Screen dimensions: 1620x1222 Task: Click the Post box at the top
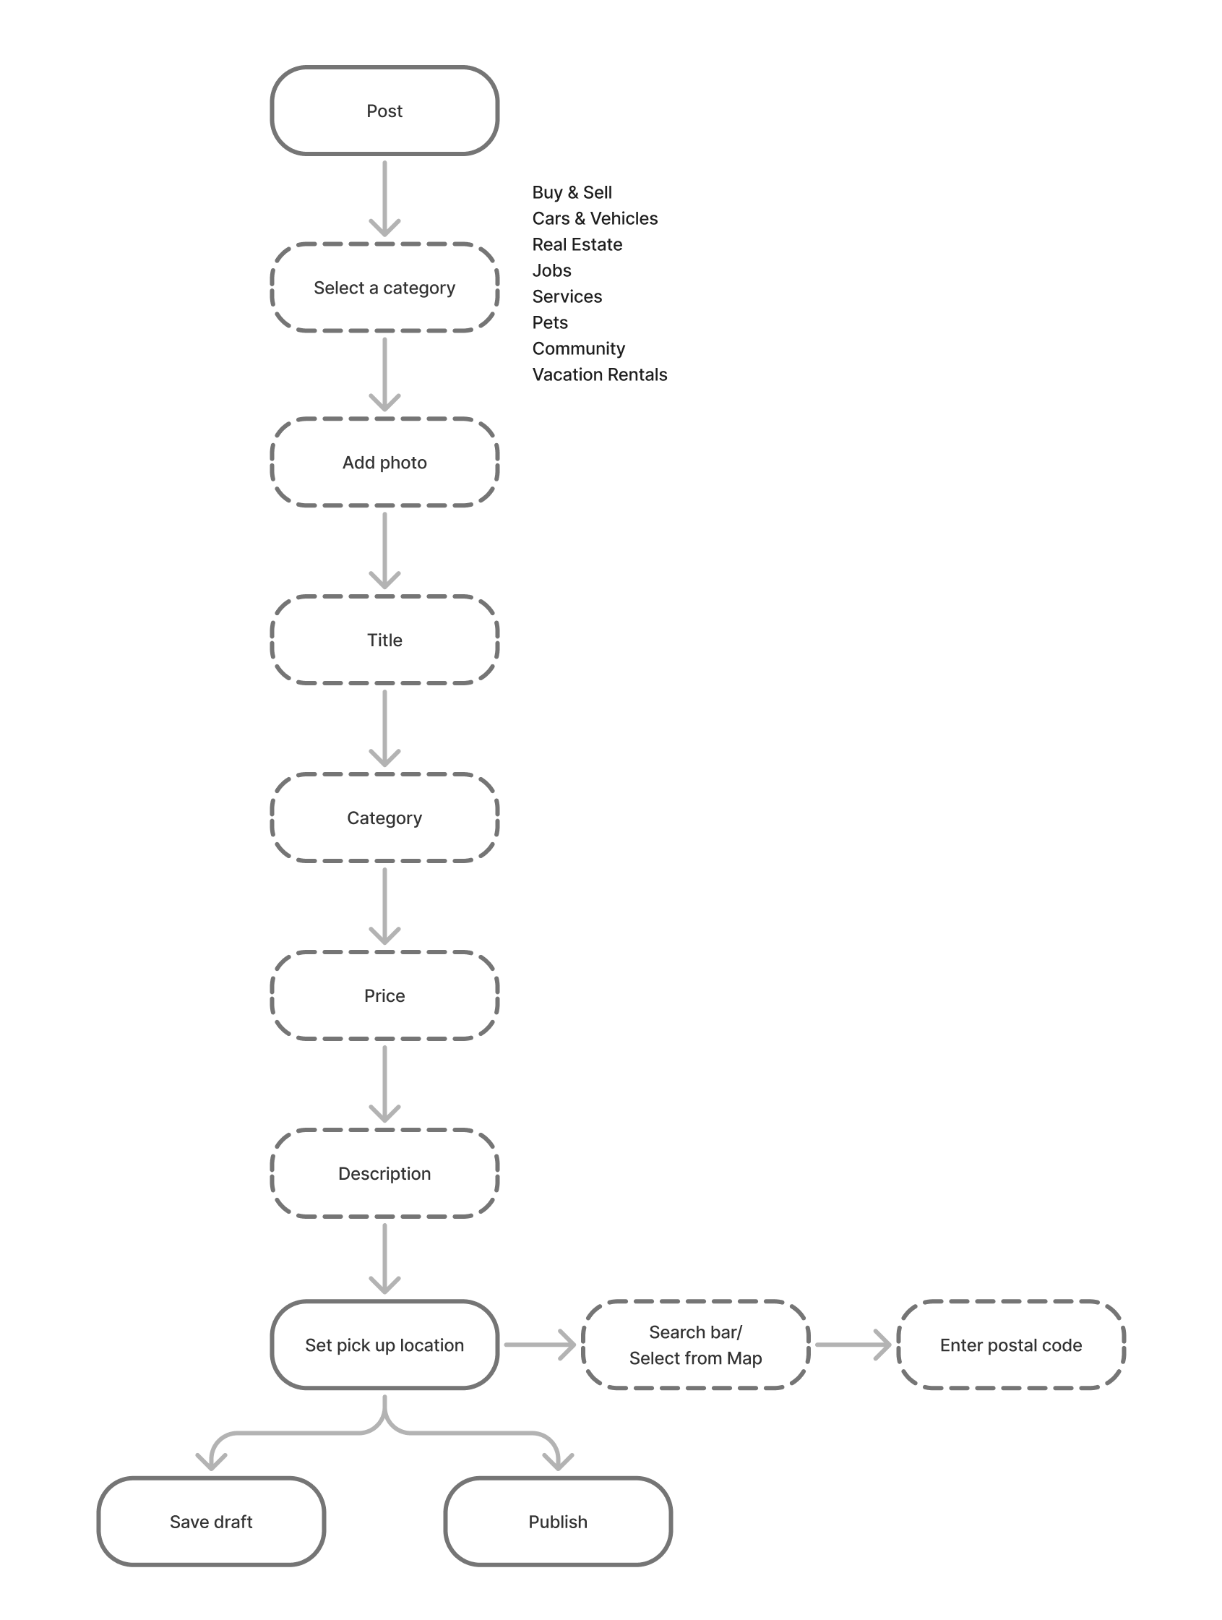click(x=384, y=111)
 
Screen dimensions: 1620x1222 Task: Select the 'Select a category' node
click(x=384, y=288)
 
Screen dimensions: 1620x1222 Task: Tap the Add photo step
click(x=384, y=462)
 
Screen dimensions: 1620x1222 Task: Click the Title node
click(x=384, y=640)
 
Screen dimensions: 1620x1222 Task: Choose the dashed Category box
click(x=384, y=818)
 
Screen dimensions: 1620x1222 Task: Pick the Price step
click(x=384, y=995)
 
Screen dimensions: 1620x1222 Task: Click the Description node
click(x=384, y=1173)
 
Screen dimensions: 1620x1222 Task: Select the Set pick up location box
click(x=384, y=1345)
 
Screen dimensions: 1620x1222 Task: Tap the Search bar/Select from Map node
click(x=696, y=1345)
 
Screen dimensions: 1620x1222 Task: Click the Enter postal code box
click(x=1010, y=1345)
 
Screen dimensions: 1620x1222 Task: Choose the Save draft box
click(x=211, y=1522)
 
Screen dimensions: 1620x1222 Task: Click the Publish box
click(x=558, y=1522)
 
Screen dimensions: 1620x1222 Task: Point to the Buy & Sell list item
click(x=572, y=192)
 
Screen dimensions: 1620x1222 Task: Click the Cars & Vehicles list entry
click(x=595, y=218)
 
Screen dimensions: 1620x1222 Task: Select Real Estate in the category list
click(x=577, y=244)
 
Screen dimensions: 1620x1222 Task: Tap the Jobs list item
click(x=551, y=270)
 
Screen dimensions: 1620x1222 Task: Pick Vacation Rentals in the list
click(x=600, y=374)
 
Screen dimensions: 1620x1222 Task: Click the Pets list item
click(x=550, y=322)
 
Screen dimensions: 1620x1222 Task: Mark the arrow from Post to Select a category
click(x=384, y=198)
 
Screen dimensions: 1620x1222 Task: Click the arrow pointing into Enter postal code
click(x=853, y=1345)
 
